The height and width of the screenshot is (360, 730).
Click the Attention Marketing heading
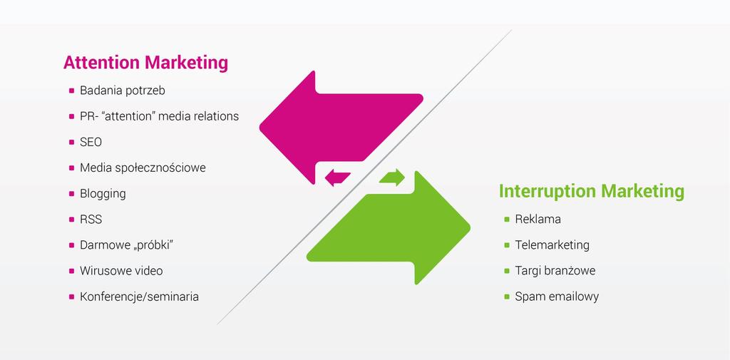pos(145,63)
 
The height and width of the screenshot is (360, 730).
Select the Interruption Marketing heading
pos(592,192)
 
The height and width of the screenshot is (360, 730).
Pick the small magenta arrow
pos(337,178)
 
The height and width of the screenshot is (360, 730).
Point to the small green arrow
pos(392,177)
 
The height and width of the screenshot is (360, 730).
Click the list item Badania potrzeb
pos(123,91)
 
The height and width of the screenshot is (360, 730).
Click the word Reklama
pos(538,220)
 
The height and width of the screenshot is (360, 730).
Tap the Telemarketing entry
pos(552,245)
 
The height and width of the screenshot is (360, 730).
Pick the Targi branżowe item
pos(555,271)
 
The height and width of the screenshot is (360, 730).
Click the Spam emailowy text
pos(557,297)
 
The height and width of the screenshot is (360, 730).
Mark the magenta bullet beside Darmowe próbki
pos(71,245)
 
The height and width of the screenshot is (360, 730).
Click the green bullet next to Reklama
pos(507,220)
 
